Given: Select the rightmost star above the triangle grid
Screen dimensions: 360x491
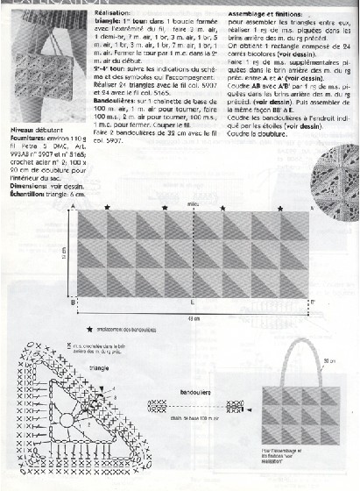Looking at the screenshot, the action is tap(279, 209).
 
